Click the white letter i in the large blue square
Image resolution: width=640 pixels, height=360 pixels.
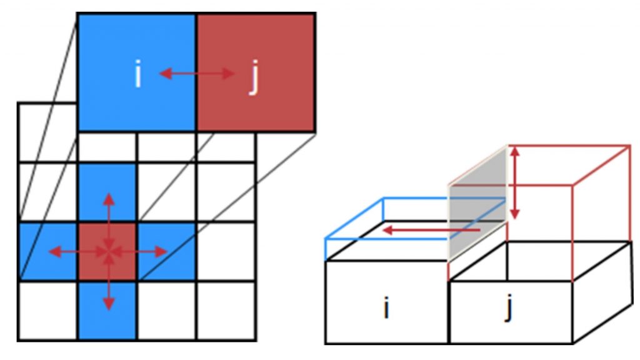(138, 74)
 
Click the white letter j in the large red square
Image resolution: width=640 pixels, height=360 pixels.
(254, 77)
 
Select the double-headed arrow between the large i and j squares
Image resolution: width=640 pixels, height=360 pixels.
(197, 74)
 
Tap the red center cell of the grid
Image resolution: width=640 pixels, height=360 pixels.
(107, 251)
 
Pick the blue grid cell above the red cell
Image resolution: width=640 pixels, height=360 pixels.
(107, 192)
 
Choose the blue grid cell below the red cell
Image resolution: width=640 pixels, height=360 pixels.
(107, 310)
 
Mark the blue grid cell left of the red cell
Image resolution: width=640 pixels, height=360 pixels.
(47, 251)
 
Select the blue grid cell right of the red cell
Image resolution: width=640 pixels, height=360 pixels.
(166, 251)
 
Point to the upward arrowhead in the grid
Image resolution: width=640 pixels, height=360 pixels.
(109, 199)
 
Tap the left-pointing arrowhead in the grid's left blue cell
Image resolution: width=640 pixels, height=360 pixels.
(55, 252)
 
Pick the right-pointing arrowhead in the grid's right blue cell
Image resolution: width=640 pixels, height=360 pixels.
(161, 252)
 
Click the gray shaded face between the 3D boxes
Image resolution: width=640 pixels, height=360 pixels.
(477, 202)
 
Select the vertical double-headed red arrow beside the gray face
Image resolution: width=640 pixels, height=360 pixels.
(515, 183)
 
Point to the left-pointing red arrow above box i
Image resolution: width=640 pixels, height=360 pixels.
(431, 231)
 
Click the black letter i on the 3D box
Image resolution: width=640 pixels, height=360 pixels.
(386, 308)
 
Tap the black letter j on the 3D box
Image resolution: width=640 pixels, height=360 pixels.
(509, 309)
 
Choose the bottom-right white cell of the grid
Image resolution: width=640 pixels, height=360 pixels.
(226, 310)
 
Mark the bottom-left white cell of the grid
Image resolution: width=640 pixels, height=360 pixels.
(47, 310)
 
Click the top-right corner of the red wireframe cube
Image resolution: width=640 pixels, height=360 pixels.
(630, 145)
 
